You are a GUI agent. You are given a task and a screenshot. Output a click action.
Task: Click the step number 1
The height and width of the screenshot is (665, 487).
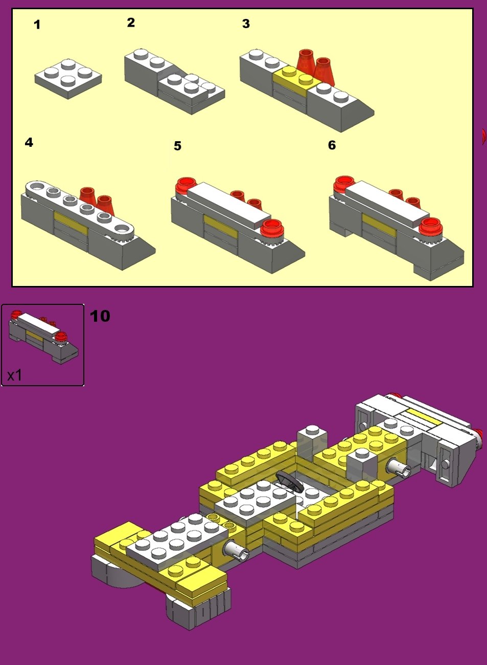click(37, 25)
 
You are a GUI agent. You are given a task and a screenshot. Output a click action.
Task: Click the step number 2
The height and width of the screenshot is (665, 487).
click(131, 23)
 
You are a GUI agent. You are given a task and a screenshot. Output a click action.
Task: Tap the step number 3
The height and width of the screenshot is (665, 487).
click(246, 24)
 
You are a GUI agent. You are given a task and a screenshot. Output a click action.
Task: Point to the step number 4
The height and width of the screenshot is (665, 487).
click(29, 142)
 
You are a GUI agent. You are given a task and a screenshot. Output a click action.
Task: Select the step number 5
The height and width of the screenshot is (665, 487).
click(177, 146)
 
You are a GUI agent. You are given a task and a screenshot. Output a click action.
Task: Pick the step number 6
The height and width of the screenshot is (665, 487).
click(332, 145)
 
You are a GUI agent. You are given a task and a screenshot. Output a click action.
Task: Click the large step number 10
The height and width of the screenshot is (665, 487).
click(100, 316)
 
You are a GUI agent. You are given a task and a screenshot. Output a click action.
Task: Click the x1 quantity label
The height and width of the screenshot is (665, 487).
click(15, 375)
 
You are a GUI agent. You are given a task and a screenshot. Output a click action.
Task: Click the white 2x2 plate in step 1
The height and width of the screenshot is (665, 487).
click(68, 78)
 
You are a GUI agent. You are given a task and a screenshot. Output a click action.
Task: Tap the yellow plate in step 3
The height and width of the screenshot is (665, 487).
click(296, 79)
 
